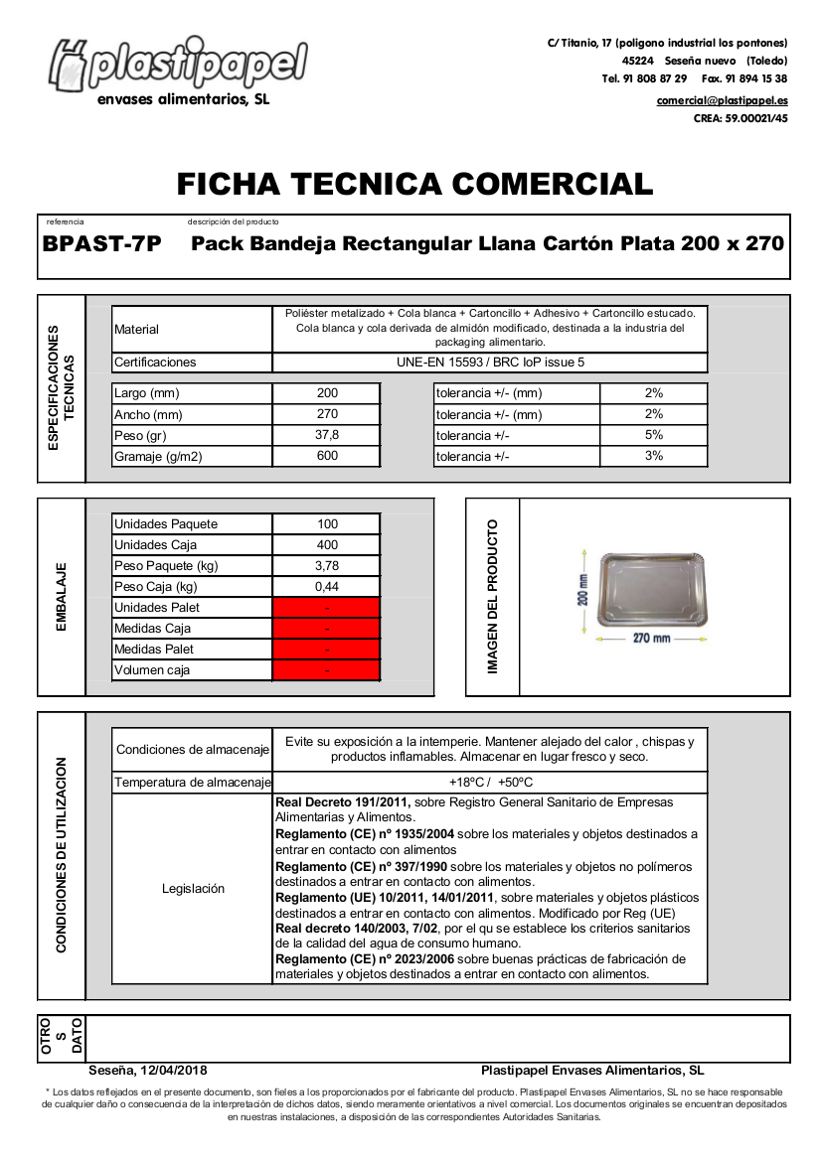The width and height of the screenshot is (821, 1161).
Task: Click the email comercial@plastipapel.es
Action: click(x=722, y=101)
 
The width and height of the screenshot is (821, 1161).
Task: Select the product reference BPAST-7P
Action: click(x=102, y=244)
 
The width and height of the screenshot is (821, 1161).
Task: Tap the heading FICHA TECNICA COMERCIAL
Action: click(x=414, y=184)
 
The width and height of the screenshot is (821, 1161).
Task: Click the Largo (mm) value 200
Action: click(x=327, y=393)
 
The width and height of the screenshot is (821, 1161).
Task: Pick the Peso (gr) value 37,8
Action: click(x=327, y=435)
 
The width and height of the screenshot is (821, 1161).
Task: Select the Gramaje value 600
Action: click(x=327, y=456)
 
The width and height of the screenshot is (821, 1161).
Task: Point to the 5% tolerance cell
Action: click(x=653, y=435)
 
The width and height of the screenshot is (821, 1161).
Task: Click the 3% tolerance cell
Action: click(x=653, y=456)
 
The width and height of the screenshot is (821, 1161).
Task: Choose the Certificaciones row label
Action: click(x=156, y=363)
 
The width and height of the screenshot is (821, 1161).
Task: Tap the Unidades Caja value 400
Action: click(x=327, y=545)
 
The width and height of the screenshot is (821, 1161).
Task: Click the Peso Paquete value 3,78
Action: click(x=327, y=566)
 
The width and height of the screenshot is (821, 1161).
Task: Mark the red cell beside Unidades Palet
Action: click(x=327, y=608)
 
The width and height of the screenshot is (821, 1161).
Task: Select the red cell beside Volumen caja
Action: click(x=327, y=670)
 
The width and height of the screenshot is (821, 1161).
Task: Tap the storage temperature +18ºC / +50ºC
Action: click(x=490, y=783)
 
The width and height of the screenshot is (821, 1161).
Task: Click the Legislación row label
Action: click(x=193, y=889)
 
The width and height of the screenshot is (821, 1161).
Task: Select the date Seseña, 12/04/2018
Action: click(x=148, y=1071)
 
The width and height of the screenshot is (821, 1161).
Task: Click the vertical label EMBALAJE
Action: click(x=62, y=598)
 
